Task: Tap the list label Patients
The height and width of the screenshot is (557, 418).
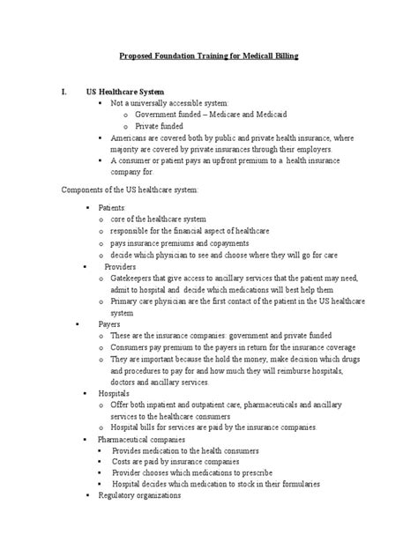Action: point(112,206)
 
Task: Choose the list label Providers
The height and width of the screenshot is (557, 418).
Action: point(122,265)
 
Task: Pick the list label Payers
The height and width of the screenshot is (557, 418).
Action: point(110,323)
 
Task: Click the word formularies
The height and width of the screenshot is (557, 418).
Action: point(295,484)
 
